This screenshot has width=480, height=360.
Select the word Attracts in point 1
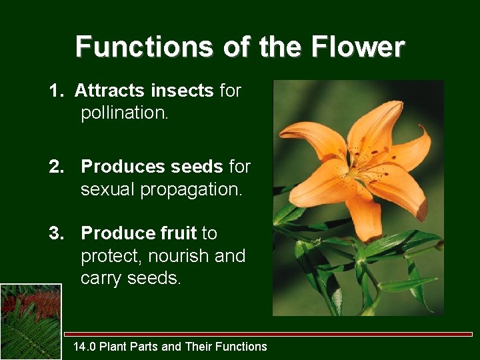point(110,91)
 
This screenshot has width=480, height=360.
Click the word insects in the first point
point(182,91)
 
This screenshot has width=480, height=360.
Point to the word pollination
point(124,113)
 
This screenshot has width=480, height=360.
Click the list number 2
point(55,167)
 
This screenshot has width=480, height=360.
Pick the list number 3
point(55,233)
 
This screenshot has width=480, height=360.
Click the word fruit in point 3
point(177,233)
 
